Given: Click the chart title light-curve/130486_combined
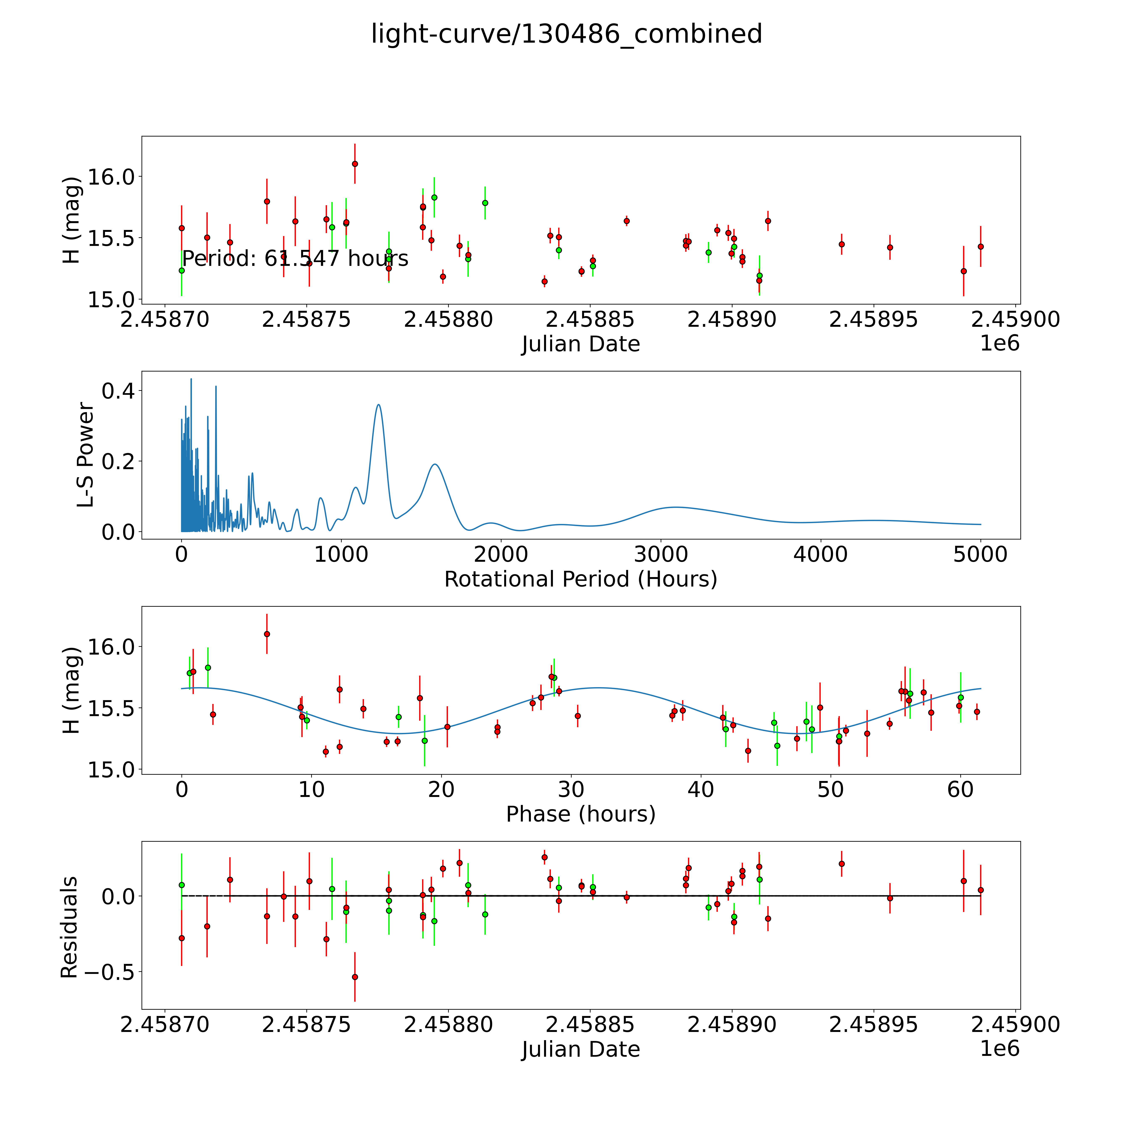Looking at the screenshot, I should tap(566, 34).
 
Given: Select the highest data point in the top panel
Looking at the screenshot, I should tap(354, 164).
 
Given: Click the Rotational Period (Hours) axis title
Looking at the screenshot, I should tap(580, 579).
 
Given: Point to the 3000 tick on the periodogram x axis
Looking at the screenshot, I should tap(661, 554).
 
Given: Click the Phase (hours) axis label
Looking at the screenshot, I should tap(580, 814).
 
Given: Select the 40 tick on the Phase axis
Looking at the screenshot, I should tap(701, 789).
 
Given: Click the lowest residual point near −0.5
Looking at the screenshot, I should tap(354, 977).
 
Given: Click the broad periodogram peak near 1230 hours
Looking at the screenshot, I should tap(379, 405).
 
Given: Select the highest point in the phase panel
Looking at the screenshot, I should tap(267, 634).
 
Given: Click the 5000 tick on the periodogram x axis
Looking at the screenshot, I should tap(980, 554).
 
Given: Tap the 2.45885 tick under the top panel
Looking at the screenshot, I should tap(590, 320).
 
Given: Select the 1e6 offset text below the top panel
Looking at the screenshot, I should tap(1000, 343).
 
